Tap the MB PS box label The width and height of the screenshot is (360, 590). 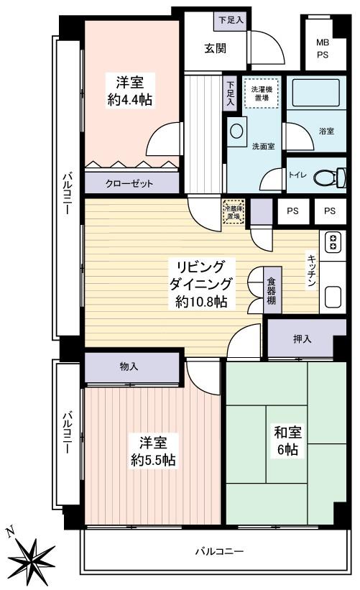(323, 48)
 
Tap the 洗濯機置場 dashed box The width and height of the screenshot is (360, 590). (259, 94)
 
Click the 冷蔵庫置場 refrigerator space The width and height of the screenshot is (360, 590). (234, 211)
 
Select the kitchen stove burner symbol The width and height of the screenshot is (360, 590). (333, 242)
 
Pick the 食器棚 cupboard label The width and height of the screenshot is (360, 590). (272, 290)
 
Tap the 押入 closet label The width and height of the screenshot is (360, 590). (303, 339)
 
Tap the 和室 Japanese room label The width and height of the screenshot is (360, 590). (287, 433)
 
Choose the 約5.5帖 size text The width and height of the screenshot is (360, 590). (152, 459)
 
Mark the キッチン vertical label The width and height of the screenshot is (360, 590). (313, 271)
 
